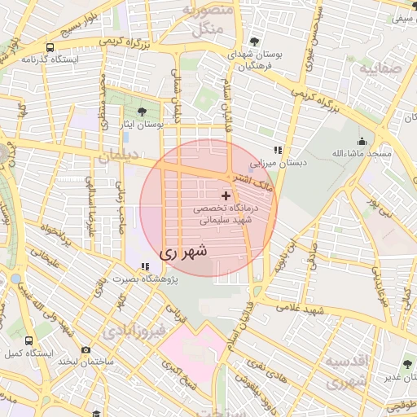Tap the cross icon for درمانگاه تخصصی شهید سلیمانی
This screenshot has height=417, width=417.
click(226, 196)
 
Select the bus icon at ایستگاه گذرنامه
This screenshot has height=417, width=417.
click(51, 47)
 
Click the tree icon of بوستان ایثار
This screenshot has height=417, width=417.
click(143, 111)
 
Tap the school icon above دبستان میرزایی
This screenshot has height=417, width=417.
click(278, 150)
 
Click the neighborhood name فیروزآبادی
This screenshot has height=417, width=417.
click(134, 331)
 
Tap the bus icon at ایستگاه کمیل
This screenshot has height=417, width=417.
click(29, 341)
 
